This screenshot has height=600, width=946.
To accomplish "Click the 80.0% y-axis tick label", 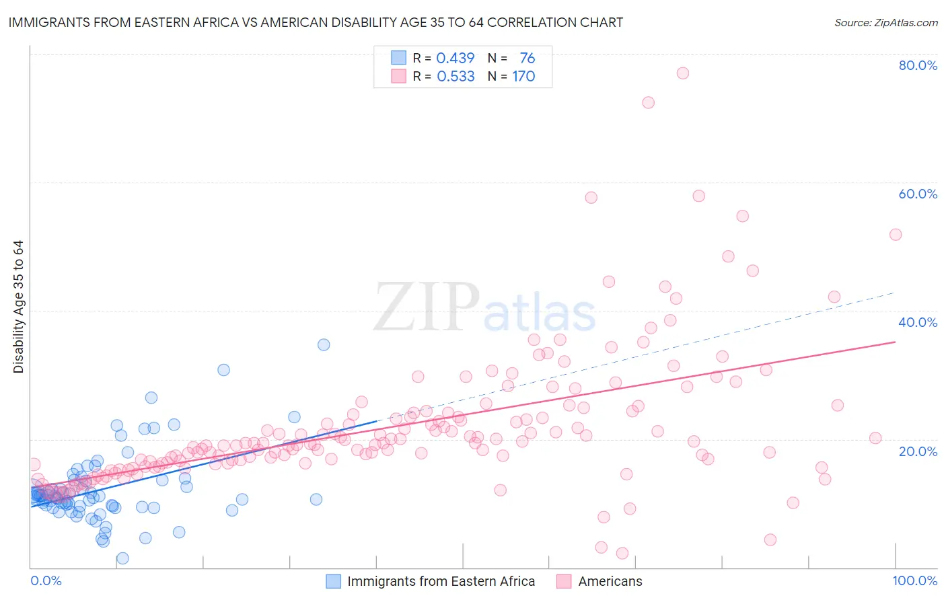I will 918,65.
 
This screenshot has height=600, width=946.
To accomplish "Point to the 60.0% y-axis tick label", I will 918,194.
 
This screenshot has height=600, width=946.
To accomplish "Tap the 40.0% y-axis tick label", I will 918,322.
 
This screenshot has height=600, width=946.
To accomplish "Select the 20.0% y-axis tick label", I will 918,451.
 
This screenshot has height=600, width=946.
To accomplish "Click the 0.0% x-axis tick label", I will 46,580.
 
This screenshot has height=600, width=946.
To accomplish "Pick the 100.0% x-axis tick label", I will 914,580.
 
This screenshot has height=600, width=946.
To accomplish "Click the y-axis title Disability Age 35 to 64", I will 18,307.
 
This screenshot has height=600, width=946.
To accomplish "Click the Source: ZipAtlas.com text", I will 885,22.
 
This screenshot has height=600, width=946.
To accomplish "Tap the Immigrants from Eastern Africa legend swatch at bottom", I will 333,581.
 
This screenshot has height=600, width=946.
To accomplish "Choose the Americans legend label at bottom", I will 610,581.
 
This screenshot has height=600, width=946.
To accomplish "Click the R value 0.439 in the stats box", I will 456,59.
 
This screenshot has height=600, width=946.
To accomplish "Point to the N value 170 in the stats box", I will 523,77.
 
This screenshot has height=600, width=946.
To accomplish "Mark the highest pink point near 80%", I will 682,73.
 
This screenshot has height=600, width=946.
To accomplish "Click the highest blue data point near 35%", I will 324,344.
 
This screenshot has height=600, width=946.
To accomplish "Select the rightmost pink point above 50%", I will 896,235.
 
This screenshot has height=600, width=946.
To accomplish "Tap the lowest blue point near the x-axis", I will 122,558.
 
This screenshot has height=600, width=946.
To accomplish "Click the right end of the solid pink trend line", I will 896,342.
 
